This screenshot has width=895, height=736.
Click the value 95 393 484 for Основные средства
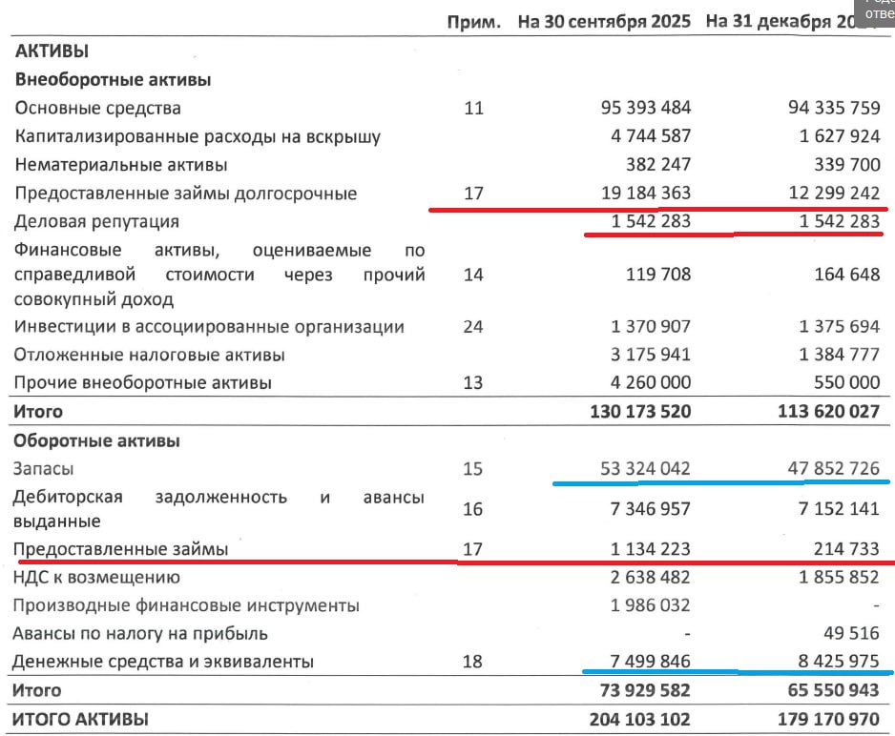tap(638, 108)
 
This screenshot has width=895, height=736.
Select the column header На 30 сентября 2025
tap(606, 22)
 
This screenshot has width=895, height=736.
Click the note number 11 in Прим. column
tap(473, 108)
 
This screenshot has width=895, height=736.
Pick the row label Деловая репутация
tap(97, 221)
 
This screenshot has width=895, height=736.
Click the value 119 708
tap(654, 276)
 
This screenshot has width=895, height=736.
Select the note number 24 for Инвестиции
tap(473, 327)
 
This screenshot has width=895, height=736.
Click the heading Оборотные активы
tap(97, 440)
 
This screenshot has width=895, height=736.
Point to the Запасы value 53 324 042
tap(638, 468)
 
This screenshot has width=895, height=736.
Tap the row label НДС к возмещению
tap(96, 577)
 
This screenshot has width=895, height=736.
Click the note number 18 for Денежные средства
tap(473, 662)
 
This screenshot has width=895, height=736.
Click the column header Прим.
tap(474, 22)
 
